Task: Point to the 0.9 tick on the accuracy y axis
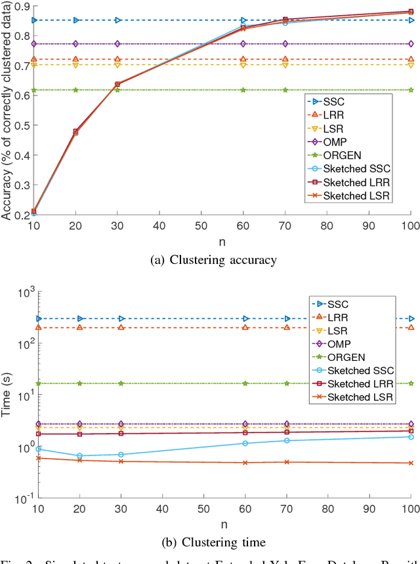[x=20, y=7]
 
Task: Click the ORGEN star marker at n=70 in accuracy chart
[x=285, y=90]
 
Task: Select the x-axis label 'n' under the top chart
[x=222, y=241]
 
